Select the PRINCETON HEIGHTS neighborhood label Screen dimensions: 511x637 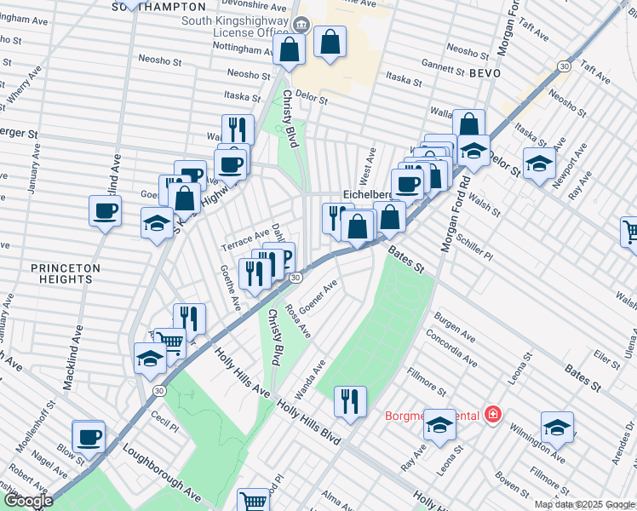66,273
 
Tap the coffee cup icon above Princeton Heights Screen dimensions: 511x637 106,211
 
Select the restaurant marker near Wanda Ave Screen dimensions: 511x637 350,401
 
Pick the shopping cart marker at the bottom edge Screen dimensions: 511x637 253,501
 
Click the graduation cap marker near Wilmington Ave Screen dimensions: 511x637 557,428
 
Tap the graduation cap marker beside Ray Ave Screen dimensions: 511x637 439,425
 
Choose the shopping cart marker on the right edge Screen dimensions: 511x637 628,231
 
